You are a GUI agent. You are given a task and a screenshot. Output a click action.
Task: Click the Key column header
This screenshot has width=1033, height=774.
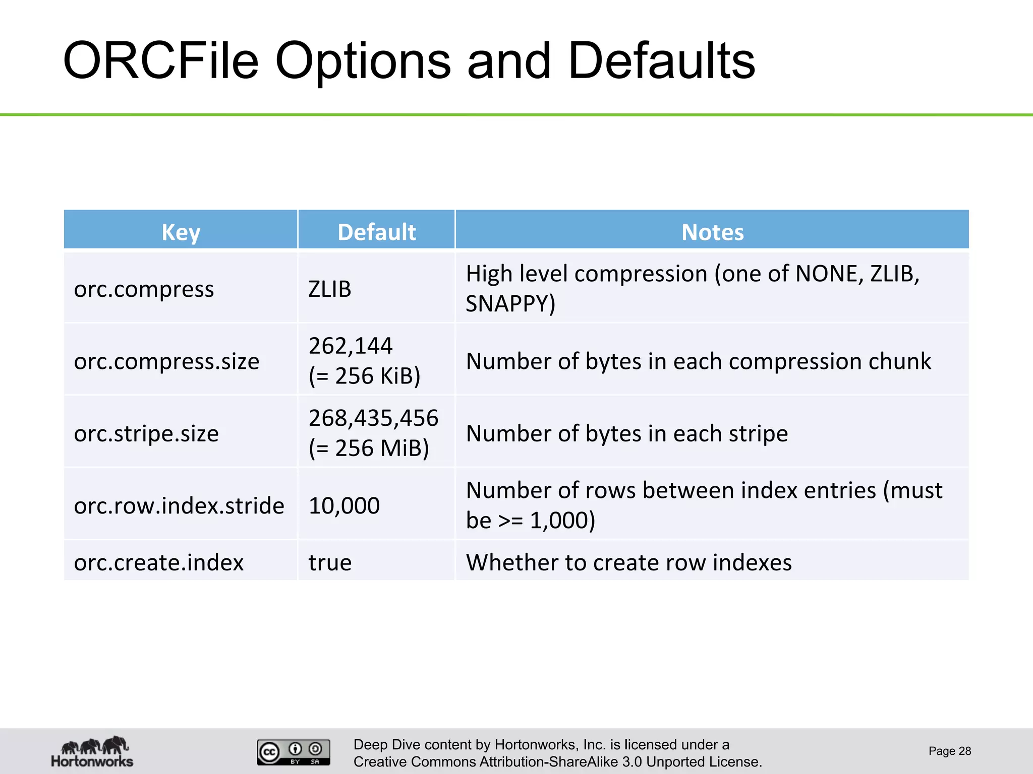click(181, 232)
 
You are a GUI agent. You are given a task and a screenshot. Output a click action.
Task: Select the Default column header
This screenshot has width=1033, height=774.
click(376, 232)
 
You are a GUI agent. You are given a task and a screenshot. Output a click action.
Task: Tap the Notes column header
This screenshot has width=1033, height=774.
click(712, 232)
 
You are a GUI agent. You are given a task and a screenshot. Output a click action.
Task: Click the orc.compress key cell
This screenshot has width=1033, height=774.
click(144, 289)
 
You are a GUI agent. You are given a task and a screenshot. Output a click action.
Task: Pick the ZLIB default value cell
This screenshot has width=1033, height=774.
click(329, 289)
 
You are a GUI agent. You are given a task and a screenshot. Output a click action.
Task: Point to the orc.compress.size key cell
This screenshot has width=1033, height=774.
click(166, 361)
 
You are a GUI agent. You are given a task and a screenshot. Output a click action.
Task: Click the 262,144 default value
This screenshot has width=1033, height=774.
click(351, 346)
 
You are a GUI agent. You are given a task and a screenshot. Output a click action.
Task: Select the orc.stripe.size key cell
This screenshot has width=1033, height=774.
click(146, 433)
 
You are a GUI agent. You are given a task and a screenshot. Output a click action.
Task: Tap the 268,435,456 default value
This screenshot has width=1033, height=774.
click(373, 418)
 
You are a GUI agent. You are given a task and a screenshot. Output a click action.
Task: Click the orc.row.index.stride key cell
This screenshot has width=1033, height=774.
click(179, 505)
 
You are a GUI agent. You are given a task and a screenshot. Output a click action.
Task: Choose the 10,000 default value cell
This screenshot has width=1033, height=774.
click(344, 505)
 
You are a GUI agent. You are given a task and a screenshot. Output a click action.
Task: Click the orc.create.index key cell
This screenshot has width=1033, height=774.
click(159, 562)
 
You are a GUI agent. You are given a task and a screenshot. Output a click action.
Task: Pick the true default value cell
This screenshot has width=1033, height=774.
click(330, 562)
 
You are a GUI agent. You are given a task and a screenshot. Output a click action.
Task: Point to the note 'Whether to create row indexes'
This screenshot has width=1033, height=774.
click(628, 562)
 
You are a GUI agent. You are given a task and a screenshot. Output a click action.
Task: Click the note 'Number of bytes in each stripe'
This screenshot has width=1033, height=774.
click(626, 433)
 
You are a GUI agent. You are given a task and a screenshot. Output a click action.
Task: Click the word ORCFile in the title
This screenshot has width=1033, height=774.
click(160, 61)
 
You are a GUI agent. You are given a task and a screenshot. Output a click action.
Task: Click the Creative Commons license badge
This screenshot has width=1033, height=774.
click(294, 752)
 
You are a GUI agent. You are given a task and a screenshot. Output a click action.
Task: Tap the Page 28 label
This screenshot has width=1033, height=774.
click(949, 751)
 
